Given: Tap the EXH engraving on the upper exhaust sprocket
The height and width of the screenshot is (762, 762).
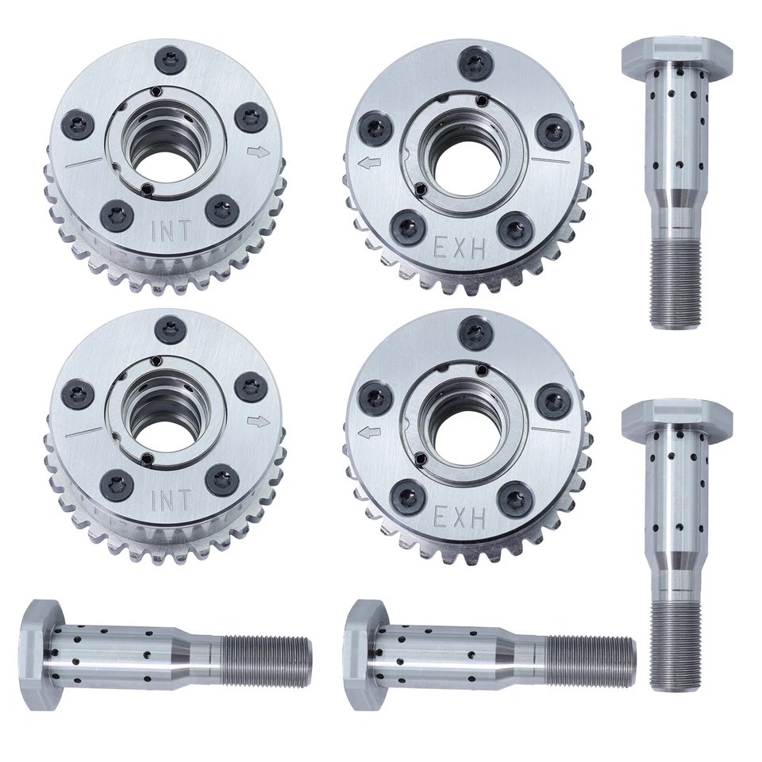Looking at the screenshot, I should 459,249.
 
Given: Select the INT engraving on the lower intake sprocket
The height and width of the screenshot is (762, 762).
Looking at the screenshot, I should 170,501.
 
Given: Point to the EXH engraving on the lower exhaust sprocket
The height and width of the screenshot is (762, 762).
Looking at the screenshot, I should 459,518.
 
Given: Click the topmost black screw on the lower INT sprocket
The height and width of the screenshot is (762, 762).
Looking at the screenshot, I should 168,326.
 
